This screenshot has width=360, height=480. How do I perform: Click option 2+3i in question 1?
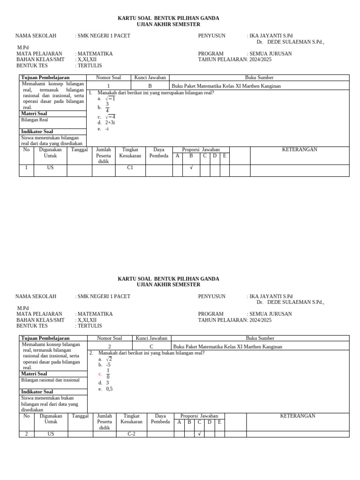(x=110, y=123)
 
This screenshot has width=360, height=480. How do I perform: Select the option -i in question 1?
(x=107, y=129)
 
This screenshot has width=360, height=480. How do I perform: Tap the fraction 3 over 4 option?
(x=107, y=107)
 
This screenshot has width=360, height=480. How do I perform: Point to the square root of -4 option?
(x=110, y=117)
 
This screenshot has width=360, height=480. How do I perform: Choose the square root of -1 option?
(x=110, y=98)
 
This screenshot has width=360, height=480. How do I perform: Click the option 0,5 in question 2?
(x=109, y=389)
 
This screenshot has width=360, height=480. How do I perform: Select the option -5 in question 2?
(x=108, y=365)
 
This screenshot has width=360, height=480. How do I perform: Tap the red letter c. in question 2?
(x=100, y=374)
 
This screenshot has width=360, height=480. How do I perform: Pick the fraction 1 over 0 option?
(x=108, y=374)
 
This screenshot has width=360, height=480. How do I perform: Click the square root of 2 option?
(x=109, y=359)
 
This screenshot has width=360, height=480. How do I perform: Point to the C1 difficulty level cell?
(x=130, y=167)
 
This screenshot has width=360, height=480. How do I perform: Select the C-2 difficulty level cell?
(x=131, y=434)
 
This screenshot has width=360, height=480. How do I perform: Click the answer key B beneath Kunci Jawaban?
(x=150, y=86)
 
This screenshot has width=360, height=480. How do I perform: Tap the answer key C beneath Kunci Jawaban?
(x=151, y=347)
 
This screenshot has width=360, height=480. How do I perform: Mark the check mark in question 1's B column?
(x=191, y=167)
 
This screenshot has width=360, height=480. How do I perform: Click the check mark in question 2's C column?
(x=199, y=434)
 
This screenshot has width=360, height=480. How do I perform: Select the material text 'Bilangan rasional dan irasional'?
(x=51, y=380)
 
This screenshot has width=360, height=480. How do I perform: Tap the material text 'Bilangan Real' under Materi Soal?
(x=35, y=120)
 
